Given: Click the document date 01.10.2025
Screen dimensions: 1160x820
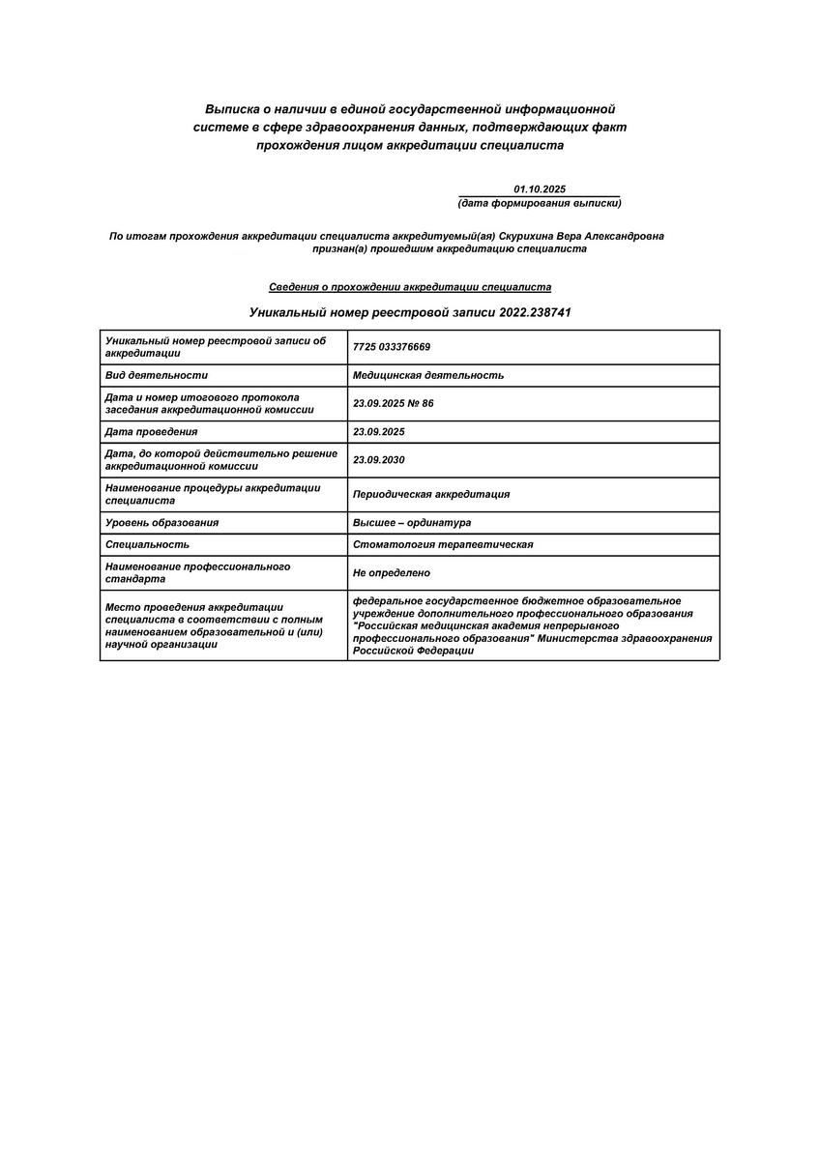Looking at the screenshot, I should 540,189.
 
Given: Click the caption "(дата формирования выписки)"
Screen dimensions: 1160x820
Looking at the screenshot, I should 539,203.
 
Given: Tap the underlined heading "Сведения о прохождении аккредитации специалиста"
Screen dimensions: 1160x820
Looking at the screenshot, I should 410,287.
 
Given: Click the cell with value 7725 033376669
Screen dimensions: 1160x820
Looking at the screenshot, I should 392,347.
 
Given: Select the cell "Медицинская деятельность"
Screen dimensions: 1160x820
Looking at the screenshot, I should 428,375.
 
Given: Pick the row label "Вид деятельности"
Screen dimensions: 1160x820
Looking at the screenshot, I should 157,375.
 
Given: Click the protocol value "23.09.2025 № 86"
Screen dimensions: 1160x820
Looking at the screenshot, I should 394,403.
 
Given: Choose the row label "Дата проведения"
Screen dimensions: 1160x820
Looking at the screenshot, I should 151,431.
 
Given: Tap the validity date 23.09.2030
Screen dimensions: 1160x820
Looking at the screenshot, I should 379,460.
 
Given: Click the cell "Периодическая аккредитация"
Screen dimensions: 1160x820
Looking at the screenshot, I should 431,494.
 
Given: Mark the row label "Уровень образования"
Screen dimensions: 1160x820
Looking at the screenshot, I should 162,522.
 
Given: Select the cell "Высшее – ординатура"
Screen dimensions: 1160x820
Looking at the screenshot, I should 412,522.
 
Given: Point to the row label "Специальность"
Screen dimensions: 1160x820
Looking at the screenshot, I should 140,544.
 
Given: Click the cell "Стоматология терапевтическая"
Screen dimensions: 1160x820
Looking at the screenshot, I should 443,544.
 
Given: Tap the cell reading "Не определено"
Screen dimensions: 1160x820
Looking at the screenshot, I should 392,573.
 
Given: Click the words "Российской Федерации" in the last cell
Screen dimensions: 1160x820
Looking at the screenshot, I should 414,651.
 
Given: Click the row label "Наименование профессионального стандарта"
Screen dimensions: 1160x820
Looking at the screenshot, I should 197,573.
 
